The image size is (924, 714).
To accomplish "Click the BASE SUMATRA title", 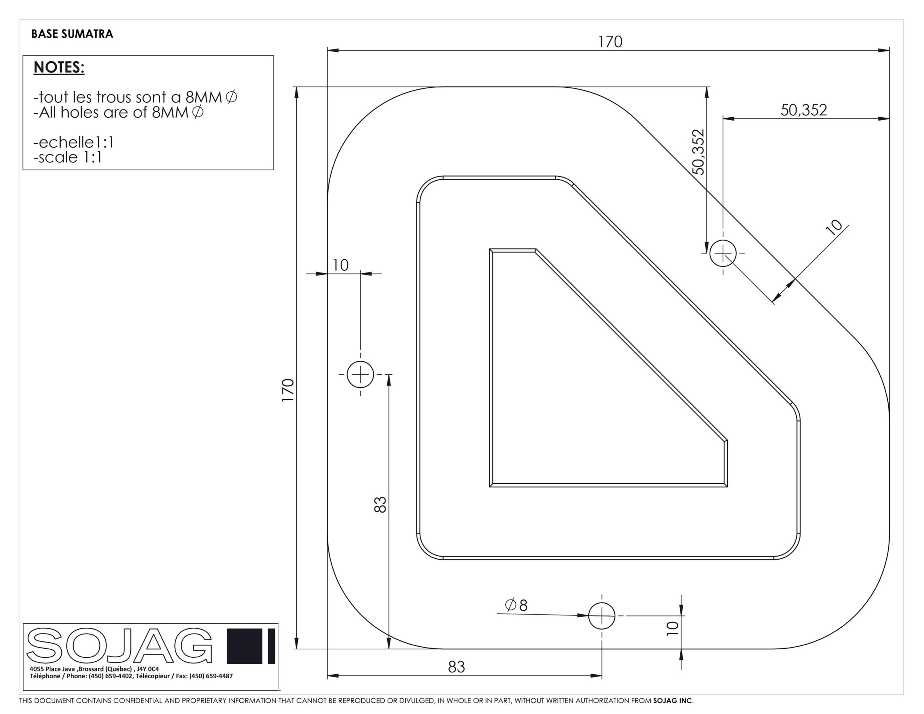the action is [72, 34].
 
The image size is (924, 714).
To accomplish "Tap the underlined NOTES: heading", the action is [59, 67].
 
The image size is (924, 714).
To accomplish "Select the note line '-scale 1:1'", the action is [68, 157].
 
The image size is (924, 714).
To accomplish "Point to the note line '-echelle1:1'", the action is [74, 142].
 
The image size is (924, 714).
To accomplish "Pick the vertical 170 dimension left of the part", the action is [288, 391].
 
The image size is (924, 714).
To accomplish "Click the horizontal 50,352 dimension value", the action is [803, 110].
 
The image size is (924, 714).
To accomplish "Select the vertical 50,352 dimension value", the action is [699, 152].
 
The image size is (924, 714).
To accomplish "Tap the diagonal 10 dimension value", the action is [834, 227].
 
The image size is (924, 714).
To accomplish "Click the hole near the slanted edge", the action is [723, 253].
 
